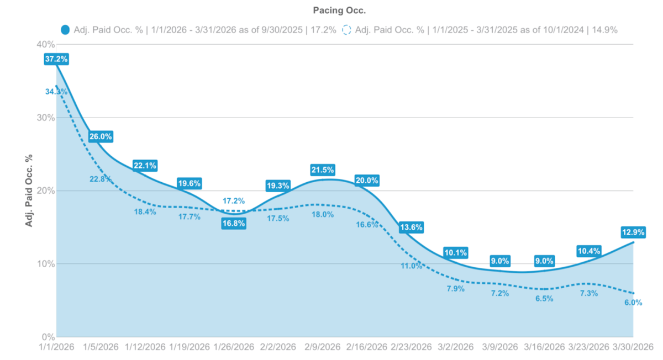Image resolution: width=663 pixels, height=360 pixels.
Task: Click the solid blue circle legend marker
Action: click(66, 30)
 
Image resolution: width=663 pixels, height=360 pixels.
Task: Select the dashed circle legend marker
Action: click(347, 30)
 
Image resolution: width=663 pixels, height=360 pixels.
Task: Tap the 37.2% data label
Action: click(56, 59)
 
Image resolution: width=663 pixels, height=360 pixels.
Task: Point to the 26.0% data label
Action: click(101, 136)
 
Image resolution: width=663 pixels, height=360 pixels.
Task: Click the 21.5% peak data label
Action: click(323, 170)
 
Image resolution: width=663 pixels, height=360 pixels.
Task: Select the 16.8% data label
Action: click(233, 224)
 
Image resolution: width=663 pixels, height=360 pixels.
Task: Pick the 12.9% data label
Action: click(633, 232)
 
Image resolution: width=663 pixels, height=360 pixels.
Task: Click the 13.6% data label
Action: click(411, 227)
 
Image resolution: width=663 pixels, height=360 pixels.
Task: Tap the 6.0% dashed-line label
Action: click(633, 303)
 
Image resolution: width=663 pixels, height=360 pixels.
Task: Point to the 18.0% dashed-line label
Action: click(323, 214)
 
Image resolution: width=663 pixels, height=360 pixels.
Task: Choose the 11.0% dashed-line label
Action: click(412, 266)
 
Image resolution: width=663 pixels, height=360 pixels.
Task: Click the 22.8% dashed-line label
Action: click(101, 178)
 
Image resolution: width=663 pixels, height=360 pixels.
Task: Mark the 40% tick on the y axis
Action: click(45, 44)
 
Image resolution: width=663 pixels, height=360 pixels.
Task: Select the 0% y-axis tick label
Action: click(48, 337)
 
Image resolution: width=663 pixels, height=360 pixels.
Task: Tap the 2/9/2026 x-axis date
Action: click(323, 347)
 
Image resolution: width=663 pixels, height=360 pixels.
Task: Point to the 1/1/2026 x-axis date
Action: click(56, 347)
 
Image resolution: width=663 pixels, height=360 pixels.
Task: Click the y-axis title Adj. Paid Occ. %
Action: click(28, 190)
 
